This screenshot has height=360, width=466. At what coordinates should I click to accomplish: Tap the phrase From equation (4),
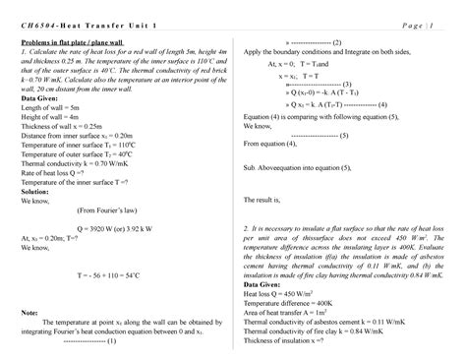(x=271, y=143)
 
